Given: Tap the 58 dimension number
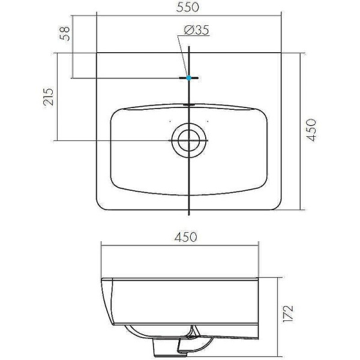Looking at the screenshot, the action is click(65, 34).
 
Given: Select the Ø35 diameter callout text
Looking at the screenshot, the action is click(197, 30).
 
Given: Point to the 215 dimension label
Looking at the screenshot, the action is click(48, 97).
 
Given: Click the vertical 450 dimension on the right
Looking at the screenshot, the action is click(311, 130).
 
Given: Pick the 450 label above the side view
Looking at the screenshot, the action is click(186, 237).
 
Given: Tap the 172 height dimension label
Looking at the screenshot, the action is click(288, 314).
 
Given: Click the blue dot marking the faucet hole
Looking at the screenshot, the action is click(189, 78).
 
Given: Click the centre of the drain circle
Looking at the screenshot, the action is click(189, 140).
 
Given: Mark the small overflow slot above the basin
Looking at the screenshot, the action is click(189, 105).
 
